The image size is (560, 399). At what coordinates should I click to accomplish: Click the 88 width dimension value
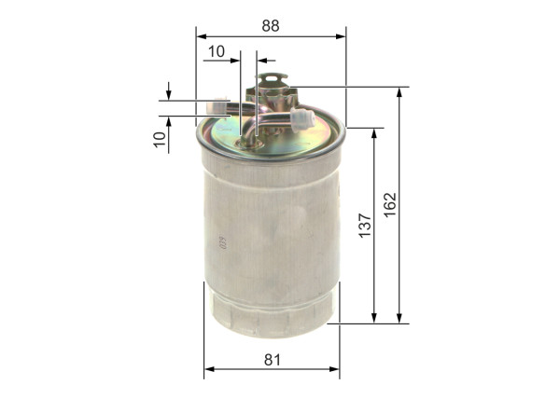(x=270, y=25)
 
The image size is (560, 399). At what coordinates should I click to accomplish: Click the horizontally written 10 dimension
(x=217, y=52)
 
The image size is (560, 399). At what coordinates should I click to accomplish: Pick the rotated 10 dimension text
(x=160, y=139)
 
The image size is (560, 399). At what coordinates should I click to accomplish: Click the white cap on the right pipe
(x=301, y=118)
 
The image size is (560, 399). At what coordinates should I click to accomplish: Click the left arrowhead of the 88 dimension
(x=201, y=37)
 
